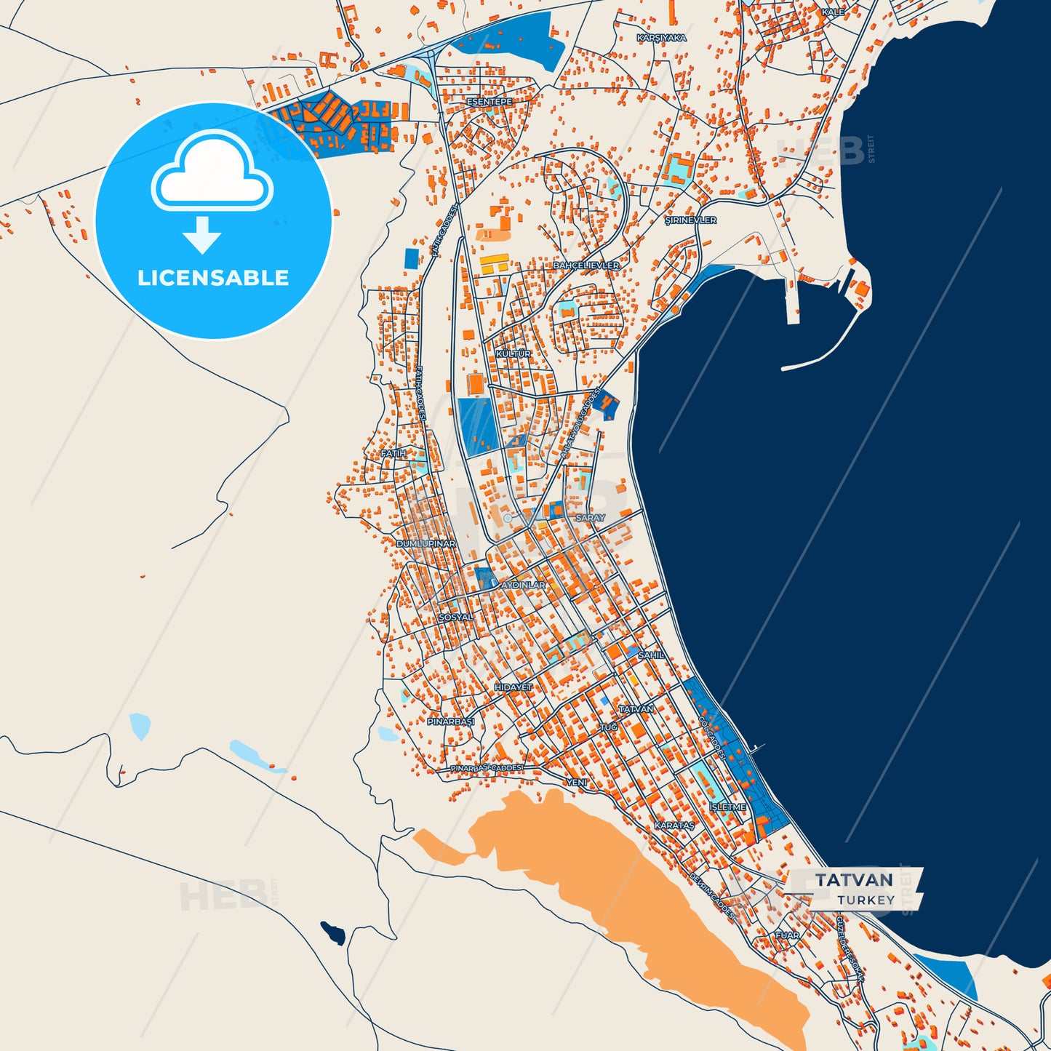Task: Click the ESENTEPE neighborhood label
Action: pos(489,102)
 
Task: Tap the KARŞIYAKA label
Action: pos(661,38)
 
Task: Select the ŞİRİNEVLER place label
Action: pos(690,220)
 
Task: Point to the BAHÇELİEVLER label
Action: pos(586,265)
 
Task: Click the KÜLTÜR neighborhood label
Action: pos(513,353)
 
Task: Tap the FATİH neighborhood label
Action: pos(393,453)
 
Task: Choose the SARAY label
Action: pos(590,518)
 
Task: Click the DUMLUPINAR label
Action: pos(425,543)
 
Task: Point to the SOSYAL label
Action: pos(455,618)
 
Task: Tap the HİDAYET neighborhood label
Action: pos(513,687)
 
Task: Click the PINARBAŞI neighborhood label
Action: pos(450,722)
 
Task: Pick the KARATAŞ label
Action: pos(674,826)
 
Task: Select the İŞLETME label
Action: pos(727,807)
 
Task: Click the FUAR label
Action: pos(787,935)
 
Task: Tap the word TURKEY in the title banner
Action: pos(866,900)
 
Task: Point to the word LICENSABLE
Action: pos(213,278)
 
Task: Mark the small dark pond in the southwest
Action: pos(333,932)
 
